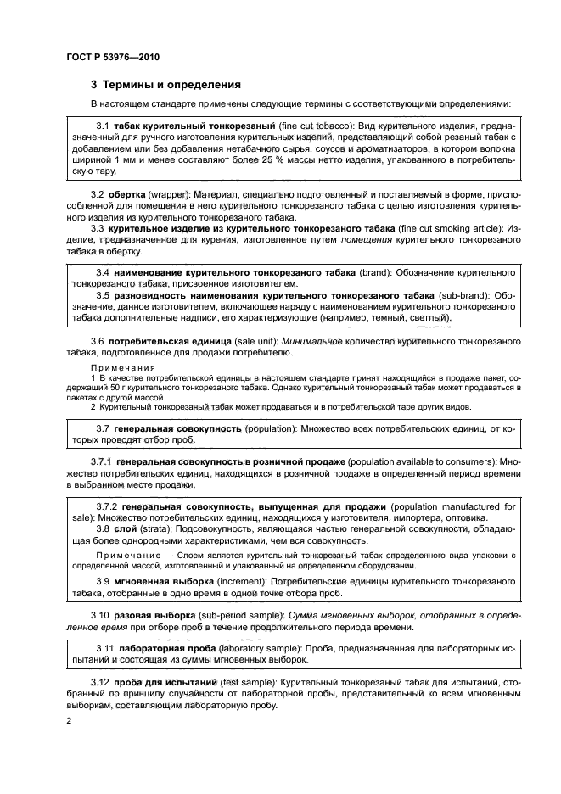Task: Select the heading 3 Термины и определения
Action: [165, 85]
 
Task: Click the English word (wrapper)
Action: [166, 194]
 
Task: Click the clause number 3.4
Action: [104, 272]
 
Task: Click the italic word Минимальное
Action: [314, 340]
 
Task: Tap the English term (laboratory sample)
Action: [258, 648]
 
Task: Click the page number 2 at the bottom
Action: [70, 720]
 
